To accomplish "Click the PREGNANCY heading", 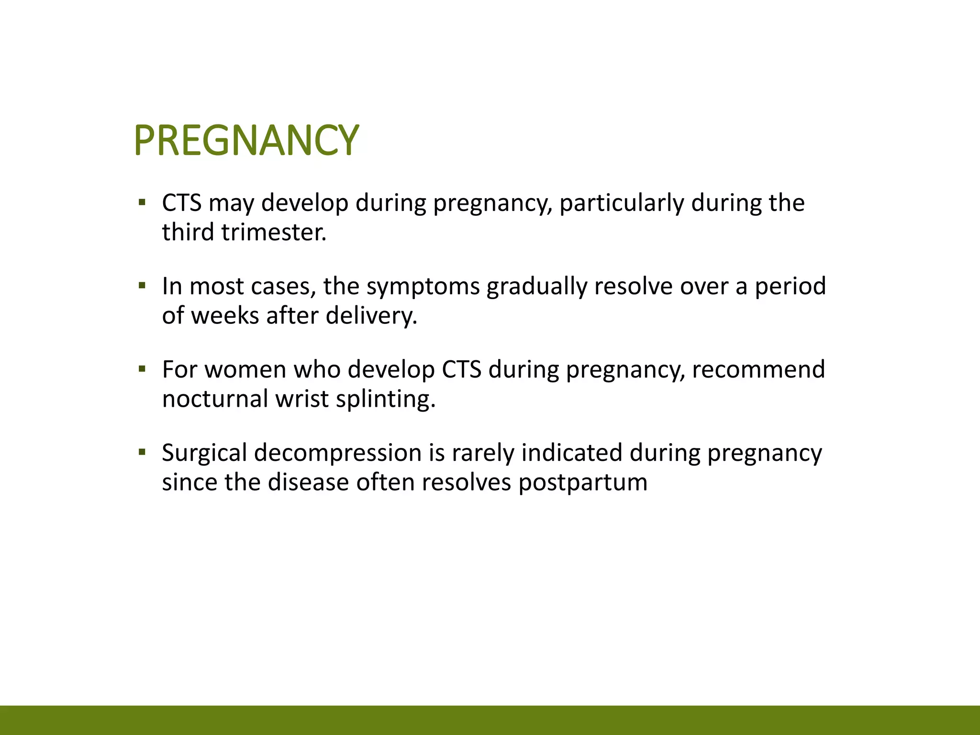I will point(246,140).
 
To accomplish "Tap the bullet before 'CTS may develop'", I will point(142,202).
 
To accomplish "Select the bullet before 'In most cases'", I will point(142,286).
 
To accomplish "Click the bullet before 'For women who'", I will point(142,369).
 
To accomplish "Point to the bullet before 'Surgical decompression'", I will point(142,452).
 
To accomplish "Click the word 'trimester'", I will point(274,232).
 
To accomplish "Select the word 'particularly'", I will point(622,203).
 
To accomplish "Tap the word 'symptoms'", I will point(423,286).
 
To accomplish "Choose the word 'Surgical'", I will point(204,453).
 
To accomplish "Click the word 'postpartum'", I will point(583,482).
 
